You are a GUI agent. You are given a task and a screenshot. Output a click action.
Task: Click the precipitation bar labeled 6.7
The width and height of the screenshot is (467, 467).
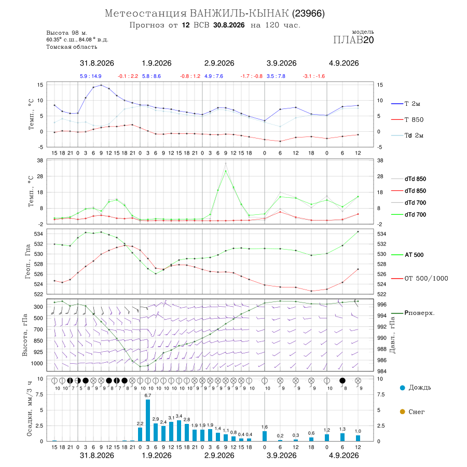tap(148, 420)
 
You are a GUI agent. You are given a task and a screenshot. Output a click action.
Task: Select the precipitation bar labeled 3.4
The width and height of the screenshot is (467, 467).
tap(179, 431)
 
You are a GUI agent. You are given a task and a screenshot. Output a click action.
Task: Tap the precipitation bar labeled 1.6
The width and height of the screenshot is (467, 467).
tap(265, 436)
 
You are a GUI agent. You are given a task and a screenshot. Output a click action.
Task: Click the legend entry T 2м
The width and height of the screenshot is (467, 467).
tap(406, 104)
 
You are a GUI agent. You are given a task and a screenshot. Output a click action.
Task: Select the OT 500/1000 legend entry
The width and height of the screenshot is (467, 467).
tap(420, 279)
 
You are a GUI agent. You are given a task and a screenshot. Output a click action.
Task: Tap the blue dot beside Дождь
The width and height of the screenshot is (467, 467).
tap(403, 388)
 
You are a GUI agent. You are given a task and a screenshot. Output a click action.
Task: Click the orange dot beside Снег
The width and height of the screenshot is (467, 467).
tap(403, 411)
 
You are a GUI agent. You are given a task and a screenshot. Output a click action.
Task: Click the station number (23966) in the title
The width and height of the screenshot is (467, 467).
tap(308, 13)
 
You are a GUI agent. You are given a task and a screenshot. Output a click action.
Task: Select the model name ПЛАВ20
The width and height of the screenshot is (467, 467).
tap(353, 40)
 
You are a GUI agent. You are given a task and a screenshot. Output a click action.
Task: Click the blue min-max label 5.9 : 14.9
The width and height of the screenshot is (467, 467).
tap(90, 76)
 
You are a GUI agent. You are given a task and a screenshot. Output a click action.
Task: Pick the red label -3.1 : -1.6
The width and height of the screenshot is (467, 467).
tap(313, 76)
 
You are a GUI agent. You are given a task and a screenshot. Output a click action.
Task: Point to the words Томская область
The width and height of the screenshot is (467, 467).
tap(72, 47)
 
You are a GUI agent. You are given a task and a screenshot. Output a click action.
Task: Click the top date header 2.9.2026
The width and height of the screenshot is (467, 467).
tap(219, 63)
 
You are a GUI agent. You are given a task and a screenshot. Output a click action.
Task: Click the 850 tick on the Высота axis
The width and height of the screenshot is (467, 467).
tap(38, 341)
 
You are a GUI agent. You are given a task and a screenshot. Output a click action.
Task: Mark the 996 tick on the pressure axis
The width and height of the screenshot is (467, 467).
tap(382, 305)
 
